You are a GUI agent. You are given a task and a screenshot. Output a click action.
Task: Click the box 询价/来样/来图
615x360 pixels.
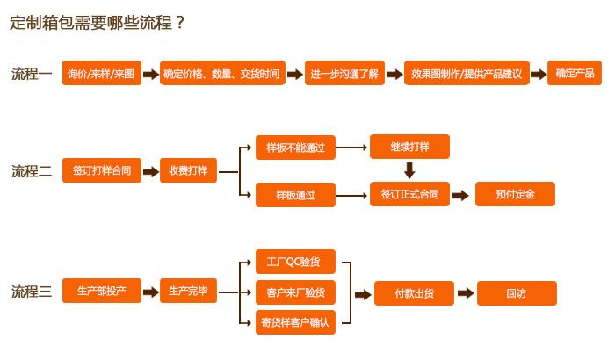pos(102,74)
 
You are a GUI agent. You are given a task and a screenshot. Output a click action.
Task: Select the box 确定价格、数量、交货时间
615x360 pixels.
pos(221,74)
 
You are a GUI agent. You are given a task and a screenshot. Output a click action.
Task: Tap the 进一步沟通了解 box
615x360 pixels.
pos(344,74)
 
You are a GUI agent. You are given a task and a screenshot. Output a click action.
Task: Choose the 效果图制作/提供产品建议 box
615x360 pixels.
pos(467,74)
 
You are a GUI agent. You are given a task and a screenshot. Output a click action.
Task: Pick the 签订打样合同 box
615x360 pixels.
pos(102,171)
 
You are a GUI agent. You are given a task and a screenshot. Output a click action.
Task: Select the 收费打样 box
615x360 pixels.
pos(189,171)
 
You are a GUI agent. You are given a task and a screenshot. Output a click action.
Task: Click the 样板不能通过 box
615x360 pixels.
pos(295,148)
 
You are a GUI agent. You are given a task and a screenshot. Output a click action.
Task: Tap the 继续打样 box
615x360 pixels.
pos(409,147)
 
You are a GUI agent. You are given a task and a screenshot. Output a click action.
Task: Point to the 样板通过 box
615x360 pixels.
pos(295,195)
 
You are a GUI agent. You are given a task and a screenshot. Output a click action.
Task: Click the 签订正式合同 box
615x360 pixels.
pos(409,194)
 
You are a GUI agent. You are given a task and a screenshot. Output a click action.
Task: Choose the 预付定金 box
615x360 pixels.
pos(515,195)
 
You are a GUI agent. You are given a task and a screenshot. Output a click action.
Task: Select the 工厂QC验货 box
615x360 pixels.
pos(295,262)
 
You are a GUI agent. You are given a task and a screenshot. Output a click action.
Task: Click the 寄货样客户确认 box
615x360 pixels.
pos(295,322)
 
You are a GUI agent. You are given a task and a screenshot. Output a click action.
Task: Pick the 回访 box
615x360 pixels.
pos(516,293)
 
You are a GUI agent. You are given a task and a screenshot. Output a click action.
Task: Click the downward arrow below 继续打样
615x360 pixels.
pos(409,170)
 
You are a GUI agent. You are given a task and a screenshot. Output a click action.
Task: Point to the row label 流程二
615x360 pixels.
pos(32,172)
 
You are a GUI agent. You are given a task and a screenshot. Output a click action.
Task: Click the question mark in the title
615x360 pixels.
pos(181,23)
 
